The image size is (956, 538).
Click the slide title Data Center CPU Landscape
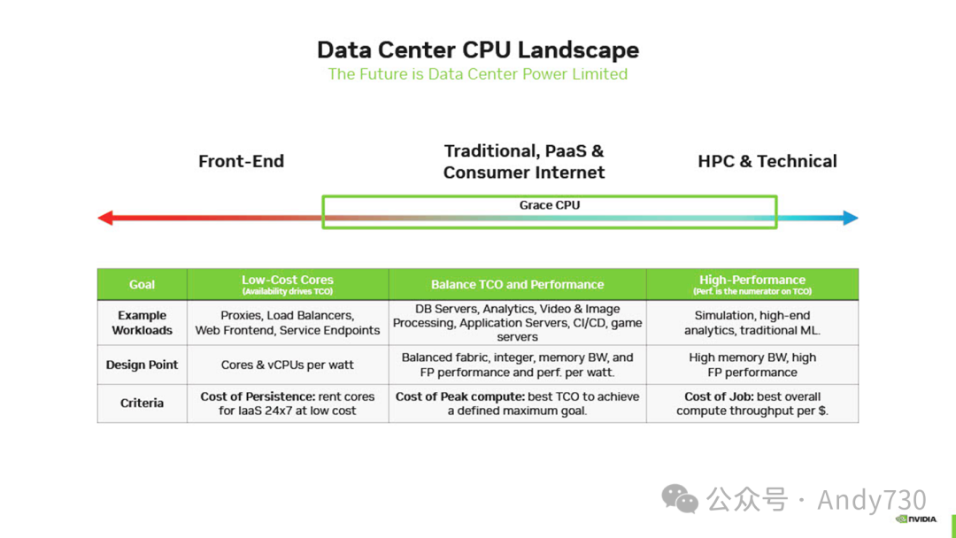pyautogui.click(x=478, y=50)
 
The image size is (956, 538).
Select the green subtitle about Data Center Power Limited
pyautogui.click(x=478, y=74)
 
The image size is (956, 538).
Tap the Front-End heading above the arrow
pyautogui.click(x=241, y=161)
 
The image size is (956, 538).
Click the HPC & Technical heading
pyautogui.click(x=767, y=161)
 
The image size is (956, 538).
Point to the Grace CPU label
pyautogui.click(x=550, y=205)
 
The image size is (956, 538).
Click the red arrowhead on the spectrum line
pyautogui.click(x=105, y=218)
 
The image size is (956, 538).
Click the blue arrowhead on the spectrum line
pyautogui.click(x=851, y=218)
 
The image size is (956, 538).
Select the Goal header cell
pyautogui.click(x=142, y=285)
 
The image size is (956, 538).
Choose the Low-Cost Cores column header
pyautogui.click(x=288, y=284)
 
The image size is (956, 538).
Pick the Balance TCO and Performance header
pyautogui.click(x=517, y=285)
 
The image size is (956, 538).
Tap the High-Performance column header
pyautogui.click(x=752, y=284)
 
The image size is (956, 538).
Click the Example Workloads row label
pyautogui.click(x=142, y=323)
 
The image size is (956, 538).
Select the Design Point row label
pyautogui.click(x=142, y=365)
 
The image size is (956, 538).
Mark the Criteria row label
pyautogui.click(x=142, y=403)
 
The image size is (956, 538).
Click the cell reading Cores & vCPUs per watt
pyautogui.click(x=288, y=365)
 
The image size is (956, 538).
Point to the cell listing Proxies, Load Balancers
pyautogui.click(x=288, y=323)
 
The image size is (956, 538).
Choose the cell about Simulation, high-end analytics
pyautogui.click(x=752, y=323)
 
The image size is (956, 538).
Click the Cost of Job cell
pyautogui.click(x=752, y=403)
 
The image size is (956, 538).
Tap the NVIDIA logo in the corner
pyautogui.click(x=916, y=519)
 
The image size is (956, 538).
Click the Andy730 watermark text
pyautogui.click(x=871, y=500)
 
